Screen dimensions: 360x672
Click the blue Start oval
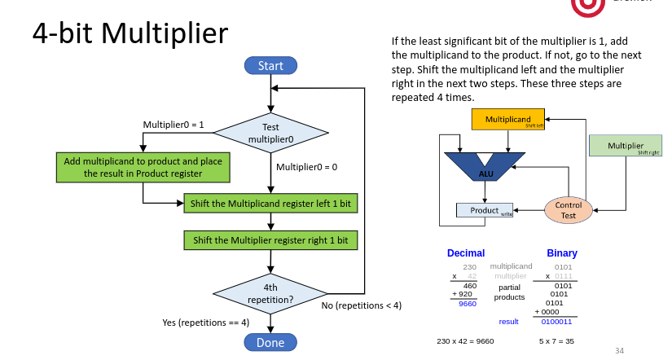click(270, 66)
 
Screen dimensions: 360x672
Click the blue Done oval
click(270, 342)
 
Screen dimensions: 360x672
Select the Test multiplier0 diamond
click(270, 133)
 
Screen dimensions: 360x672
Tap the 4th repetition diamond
click(270, 292)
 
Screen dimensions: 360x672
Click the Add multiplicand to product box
click(143, 168)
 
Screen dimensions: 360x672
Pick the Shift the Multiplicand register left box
click(270, 202)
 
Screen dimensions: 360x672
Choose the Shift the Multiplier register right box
click(270, 240)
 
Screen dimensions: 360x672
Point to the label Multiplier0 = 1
click(173, 125)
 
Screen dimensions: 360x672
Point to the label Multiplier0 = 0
click(306, 167)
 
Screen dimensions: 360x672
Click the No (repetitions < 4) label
click(361, 305)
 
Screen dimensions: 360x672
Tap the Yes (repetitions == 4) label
click(204, 323)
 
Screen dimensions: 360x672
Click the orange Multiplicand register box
click(508, 120)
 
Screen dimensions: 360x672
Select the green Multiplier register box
click(626, 147)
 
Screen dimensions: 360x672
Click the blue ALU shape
click(485, 168)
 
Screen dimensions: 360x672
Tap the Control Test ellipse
click(569, 210)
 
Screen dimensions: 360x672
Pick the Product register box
click(485, 211)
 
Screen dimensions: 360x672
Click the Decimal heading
click(466, 253)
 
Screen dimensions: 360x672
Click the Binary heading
click(562, 253)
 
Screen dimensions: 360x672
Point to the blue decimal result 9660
click(468, 304)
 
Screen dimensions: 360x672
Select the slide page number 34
click(619, 350)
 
